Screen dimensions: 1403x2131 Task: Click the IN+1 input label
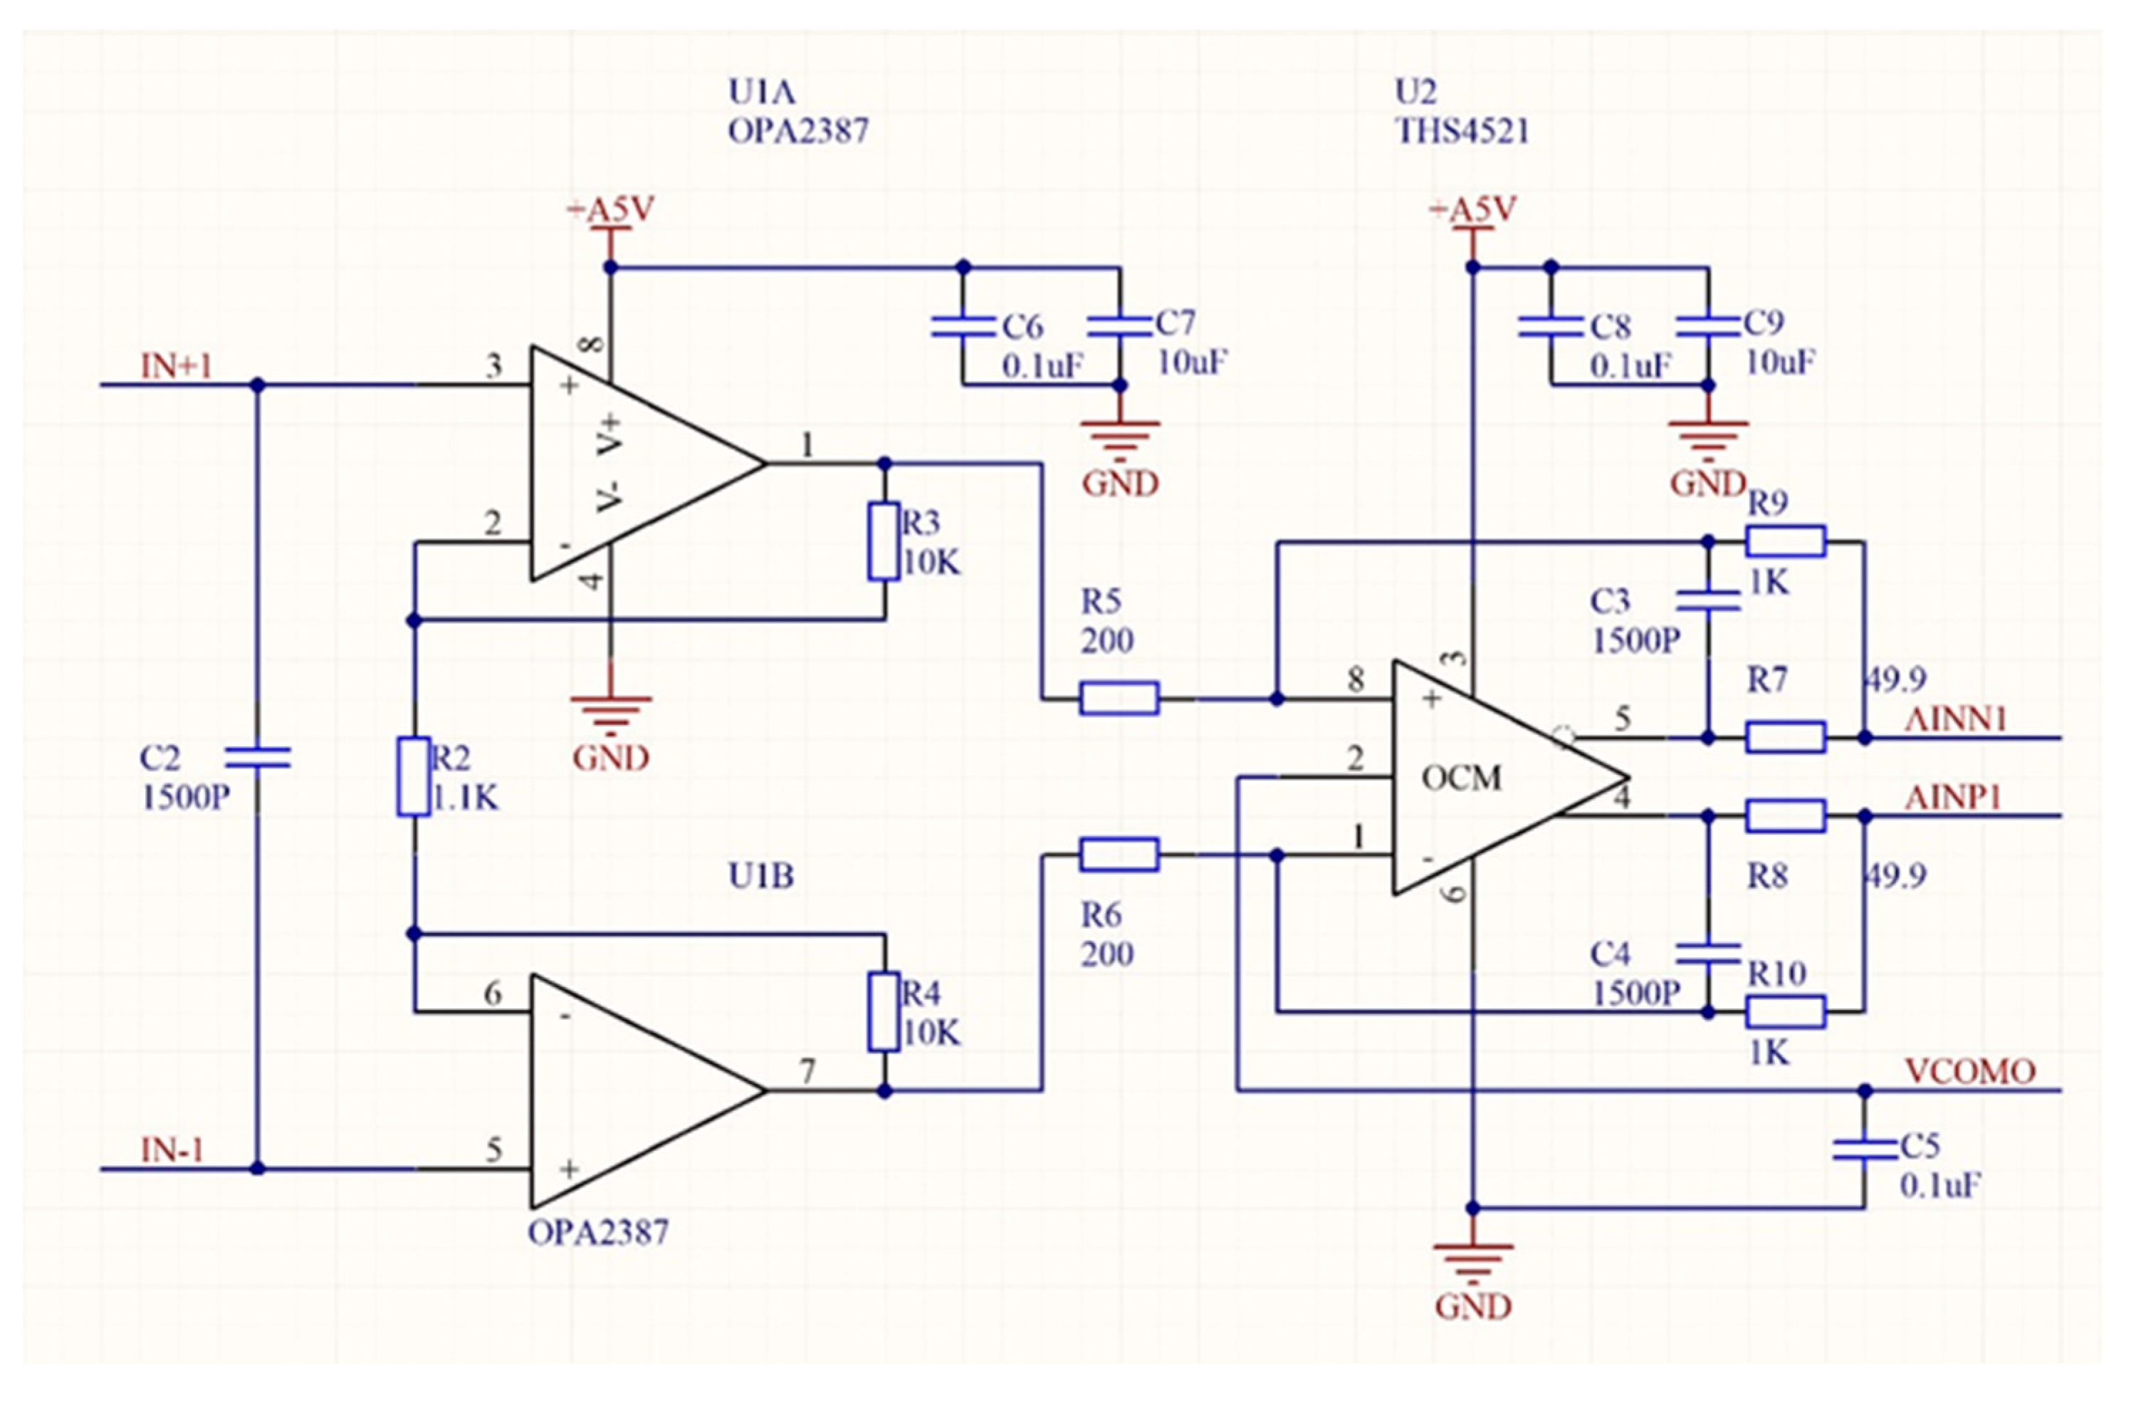pos(177,366)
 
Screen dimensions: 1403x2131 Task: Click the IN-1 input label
pos(172,1150)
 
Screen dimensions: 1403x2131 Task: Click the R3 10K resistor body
pos(884,542)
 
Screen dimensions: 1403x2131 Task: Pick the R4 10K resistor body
pos(884,1012)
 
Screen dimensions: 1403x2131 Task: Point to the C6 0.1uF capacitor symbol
pos(963,327)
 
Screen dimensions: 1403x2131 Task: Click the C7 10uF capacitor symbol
pos(1119,327)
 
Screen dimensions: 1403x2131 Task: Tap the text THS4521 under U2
pos(1462,132)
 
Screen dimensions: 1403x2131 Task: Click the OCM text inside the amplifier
pos(1461,778)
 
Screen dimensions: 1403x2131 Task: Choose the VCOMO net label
pos(1970,1072)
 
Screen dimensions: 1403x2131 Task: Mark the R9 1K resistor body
pos(1786,541)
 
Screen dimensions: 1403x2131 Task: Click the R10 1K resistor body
pos(1786,1012)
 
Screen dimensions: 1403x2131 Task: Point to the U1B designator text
pos(761,877)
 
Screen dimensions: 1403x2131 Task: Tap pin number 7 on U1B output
pos(807,1072)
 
